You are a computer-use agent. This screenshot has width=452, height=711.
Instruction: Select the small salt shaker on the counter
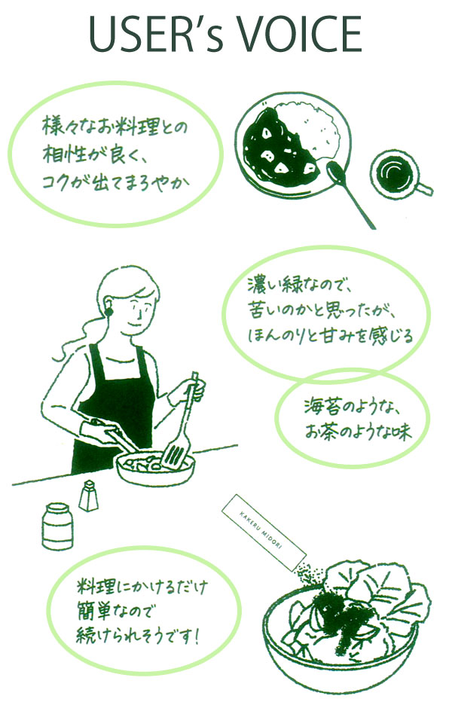[x=87, y=496]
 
